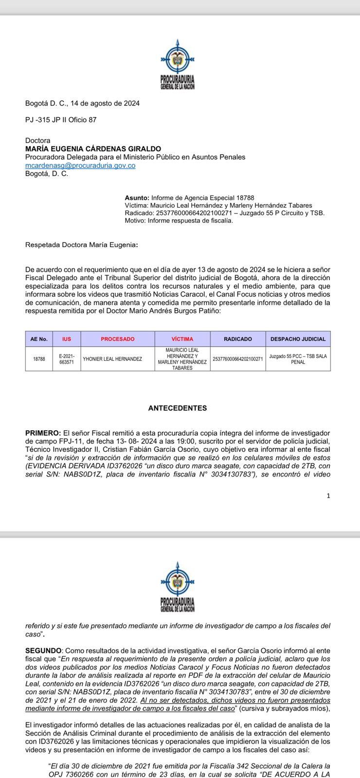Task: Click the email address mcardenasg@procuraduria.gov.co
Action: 80,165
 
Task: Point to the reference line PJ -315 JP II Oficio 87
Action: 61,120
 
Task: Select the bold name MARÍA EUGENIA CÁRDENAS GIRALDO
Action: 93,149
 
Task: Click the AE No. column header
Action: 39,339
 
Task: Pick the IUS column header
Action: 67,339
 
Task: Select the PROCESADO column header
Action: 118,339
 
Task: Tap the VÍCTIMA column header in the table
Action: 182,339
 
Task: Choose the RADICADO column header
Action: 238,339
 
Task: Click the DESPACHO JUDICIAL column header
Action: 298,339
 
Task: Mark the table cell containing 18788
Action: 39,359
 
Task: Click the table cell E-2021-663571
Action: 67,359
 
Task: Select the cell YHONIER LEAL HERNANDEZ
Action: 112,359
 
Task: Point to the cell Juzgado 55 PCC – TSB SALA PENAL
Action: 298,359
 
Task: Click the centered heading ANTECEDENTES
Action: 178,408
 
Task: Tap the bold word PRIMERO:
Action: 43,433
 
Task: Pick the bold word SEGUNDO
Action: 43,651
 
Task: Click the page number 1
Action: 328,495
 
